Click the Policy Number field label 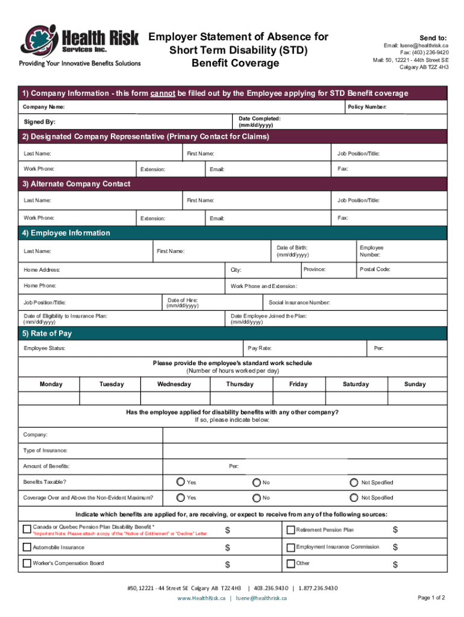click(367, 107)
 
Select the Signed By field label click(39, 122)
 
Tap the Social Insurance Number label click(299, 302)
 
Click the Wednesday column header click(174, 384)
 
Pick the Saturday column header click(356, 384)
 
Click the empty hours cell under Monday click(51, 398)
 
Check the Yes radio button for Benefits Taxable click(181, 482)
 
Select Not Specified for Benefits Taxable click(354, 482)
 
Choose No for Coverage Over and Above click(257, 498)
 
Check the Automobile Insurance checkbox click(27, 547)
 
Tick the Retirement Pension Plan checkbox click(290, 530)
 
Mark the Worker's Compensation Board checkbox click(27, 563)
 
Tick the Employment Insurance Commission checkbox click(290, 547)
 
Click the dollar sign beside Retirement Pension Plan click(395, 530)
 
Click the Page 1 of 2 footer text click(431, 598)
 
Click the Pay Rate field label click(260, 348)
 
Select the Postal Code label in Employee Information click(375, 269)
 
